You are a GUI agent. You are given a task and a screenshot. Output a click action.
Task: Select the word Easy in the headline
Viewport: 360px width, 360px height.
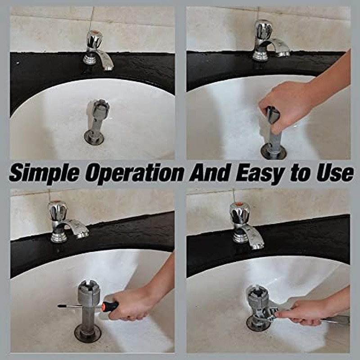click(x=260, y=173)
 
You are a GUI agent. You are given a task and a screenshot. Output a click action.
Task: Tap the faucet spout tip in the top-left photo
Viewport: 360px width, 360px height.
click(x=109, y=67)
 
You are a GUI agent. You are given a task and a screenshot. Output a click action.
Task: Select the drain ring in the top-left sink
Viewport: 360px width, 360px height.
click(x=94, y=137)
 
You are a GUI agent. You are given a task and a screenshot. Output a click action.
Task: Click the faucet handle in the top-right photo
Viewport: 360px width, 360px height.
click(x=264, y=29)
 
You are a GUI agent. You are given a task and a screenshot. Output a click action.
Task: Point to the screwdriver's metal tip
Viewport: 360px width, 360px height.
click(x=61, y=306)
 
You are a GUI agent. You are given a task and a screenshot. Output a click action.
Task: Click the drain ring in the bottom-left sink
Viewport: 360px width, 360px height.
click(x=88, y=333)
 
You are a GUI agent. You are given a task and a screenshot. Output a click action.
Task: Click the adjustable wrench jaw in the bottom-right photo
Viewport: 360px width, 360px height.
click(x=267, y=313)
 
